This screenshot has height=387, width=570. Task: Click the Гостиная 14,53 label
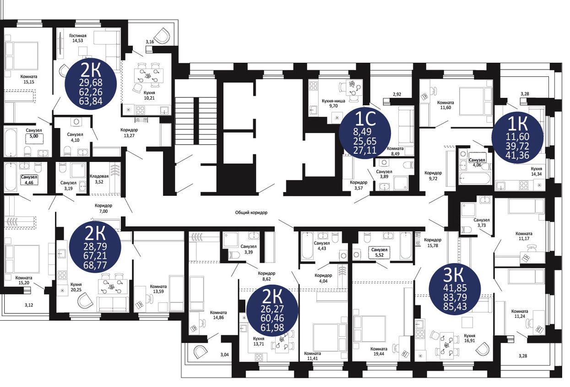coord(78,38)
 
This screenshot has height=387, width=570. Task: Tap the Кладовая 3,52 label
coord(99,179)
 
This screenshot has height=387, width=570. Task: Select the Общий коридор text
coord(251,212)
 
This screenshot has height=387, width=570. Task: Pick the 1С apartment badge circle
coord(365,133)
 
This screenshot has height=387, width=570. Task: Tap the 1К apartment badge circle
coord(517,138)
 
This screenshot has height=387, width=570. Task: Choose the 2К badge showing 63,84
coord(91,84)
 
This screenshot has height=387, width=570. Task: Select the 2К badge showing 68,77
coord(95,247)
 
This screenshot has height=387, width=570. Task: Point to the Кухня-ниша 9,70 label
coord(333,103)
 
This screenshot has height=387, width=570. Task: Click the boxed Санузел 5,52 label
coord(379,252)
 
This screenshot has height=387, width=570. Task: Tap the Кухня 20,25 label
coord(76,287)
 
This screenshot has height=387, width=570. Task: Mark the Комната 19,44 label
coord(379,351)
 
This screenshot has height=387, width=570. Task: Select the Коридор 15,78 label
coord(433,242)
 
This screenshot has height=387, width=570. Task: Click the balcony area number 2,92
coord(397,94)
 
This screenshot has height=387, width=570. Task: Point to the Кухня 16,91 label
coord(469,338)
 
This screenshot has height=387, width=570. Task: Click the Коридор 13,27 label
coord(129,133)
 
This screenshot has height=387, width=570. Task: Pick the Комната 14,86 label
coord(218,315)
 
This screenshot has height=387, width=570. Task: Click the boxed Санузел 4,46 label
coord(29,179)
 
